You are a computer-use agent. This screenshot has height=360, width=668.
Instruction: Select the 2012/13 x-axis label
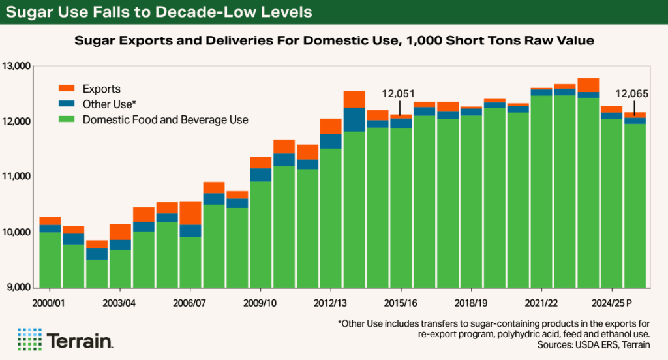pyautogui.click(x=331, y=303)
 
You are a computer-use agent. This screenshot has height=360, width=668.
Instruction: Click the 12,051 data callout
pyautogui.click(x=400, y=94)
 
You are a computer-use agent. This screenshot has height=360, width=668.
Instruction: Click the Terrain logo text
pyautogui.click(x=79, y=340)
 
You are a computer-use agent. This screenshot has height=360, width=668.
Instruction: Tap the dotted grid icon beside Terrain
pyautogui.click(x=29, y=340)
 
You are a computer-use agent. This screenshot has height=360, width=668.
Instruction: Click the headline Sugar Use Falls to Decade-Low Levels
pyautogui.click(x=159, y=12)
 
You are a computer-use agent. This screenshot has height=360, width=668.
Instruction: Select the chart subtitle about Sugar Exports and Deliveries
pyautogui.click(x=333, y=40)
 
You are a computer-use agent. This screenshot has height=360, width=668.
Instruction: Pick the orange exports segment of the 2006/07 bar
pyautogui.click(x=190, y=213)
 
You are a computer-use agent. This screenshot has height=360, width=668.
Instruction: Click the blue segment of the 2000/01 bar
pyautogui.click(x=50, y=229)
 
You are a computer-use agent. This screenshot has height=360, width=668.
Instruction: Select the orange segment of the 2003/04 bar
pyautogui.click(x=120, y=232)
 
